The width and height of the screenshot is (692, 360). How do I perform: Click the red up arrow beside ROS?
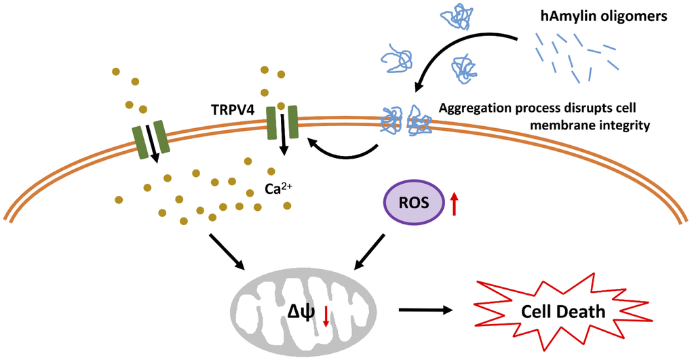454,203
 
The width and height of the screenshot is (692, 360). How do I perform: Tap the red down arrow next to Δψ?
326,316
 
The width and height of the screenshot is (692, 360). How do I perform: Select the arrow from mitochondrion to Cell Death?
425,311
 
